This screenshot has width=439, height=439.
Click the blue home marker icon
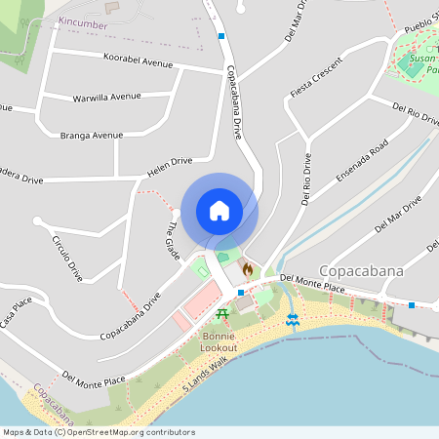[219, 211]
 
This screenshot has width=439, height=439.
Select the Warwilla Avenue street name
[106, 98]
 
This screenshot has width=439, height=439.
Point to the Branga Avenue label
[92, 135]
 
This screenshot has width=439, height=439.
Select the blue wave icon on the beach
[291, 319]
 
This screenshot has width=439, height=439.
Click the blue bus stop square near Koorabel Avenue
[222, 35]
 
